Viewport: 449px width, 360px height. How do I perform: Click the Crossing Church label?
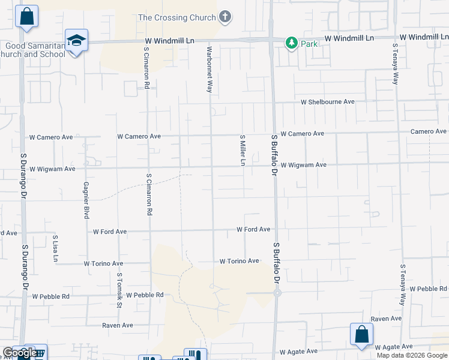coord(176,17)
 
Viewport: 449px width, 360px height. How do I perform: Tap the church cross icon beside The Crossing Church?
coord(225,17)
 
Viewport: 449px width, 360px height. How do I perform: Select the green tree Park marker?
coord(292,43)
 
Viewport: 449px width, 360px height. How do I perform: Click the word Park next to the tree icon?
coord(309,44)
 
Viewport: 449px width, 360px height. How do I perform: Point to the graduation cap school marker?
coord(76,41)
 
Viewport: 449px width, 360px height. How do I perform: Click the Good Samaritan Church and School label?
coord(35,50)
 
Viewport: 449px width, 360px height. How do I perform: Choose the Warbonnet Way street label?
coord(209,69)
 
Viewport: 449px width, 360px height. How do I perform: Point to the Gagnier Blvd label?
coord(86,199)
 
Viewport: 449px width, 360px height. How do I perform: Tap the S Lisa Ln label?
coord(55,248)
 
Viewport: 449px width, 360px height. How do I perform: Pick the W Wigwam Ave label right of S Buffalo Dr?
coord(303,164)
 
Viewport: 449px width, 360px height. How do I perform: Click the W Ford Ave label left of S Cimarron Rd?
coord(110,232)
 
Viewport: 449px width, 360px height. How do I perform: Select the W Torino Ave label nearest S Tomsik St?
coord(103,263)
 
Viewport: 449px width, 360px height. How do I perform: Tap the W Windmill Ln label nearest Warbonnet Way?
coord(170,41)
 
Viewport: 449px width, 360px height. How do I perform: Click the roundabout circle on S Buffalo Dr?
coord(277,293)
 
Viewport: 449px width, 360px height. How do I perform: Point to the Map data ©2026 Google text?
coord(412,355)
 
